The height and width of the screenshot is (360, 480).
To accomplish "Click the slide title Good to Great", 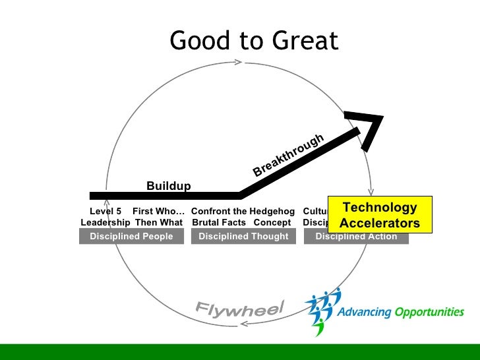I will coord(254,41).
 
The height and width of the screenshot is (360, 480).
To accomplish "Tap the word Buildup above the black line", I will coord(168,186).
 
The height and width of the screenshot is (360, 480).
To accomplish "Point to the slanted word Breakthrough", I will coord(289,156).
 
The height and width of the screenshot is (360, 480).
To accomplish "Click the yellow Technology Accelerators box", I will coord(379,216).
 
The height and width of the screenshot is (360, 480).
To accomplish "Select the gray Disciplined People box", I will coord(131,237).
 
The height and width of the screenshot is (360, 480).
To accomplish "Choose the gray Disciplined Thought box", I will coord(243,237).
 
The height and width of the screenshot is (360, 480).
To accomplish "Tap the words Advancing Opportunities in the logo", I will coord(400,313).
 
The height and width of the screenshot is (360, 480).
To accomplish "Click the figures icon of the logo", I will coord(322,310).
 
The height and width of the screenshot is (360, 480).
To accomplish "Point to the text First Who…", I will coord(158,212).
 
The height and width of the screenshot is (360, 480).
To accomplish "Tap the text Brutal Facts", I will coord(219,223).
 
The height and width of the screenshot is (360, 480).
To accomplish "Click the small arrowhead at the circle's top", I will coord(239,63).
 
